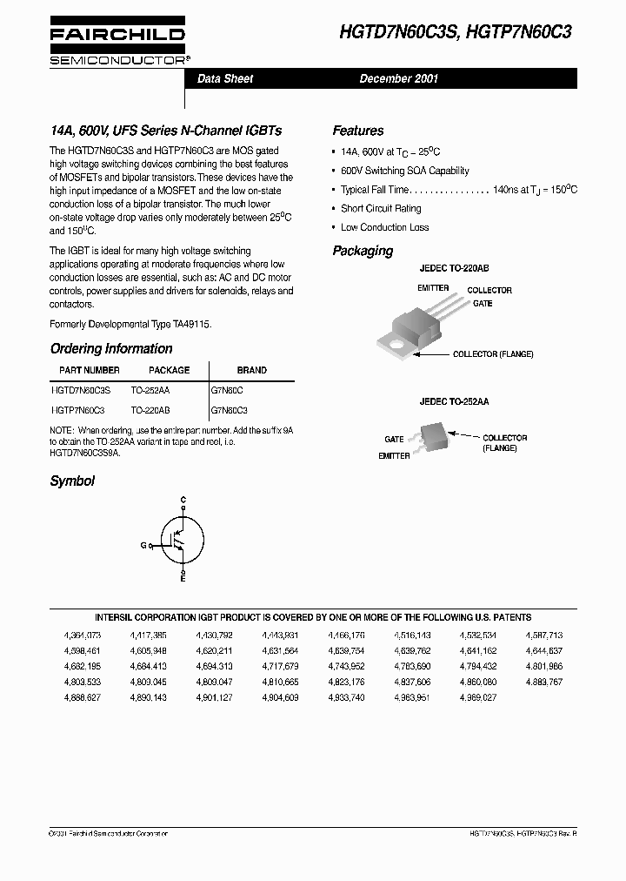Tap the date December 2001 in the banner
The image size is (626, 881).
[399, 78]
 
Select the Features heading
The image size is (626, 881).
[357, 131]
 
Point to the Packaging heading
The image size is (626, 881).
[363, 251]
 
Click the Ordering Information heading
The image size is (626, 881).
[111, 348]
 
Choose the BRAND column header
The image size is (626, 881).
[252, 370]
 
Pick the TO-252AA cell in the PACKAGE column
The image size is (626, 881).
[150, 392]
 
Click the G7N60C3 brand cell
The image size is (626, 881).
[230, 409]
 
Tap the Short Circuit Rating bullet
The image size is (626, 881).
[381, 209]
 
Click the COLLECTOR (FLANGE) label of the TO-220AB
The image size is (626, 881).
[493, 354]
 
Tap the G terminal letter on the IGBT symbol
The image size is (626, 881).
[143, 545]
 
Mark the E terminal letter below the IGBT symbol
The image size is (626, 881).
[183, 578]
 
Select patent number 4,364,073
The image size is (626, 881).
[83, 636]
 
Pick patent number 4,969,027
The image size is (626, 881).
[478, 696]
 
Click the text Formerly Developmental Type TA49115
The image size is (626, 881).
[130, 323]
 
